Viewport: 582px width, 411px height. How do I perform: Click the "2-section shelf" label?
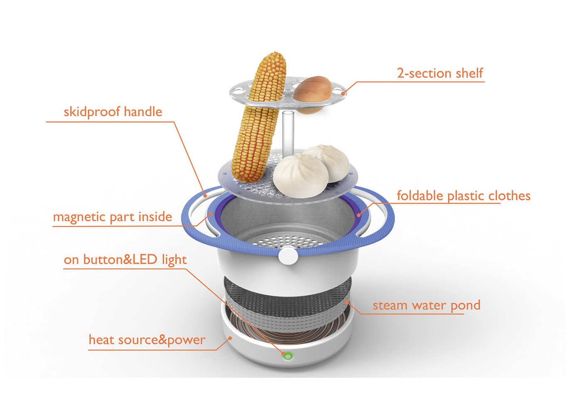tap(440, 73)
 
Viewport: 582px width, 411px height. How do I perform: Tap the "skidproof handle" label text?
tap(113, 112)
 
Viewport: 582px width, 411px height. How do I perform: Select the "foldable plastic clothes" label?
tap(464, 196)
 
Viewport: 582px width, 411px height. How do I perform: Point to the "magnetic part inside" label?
tap(112, 217)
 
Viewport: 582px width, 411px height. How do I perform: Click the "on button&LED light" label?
tap(125, 260)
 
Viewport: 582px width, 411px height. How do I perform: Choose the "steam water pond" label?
tap(426, 306)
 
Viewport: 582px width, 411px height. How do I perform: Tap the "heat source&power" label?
tap(147, 340)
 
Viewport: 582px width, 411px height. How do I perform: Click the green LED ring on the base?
tap(287, 356)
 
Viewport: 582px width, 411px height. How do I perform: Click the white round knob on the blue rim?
tap(288, 255)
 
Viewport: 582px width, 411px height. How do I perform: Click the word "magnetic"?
tap(79, 217)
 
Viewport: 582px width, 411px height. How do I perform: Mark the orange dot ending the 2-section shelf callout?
tap(343, 93)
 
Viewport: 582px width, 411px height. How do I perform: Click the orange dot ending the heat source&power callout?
tap(230, 338)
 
